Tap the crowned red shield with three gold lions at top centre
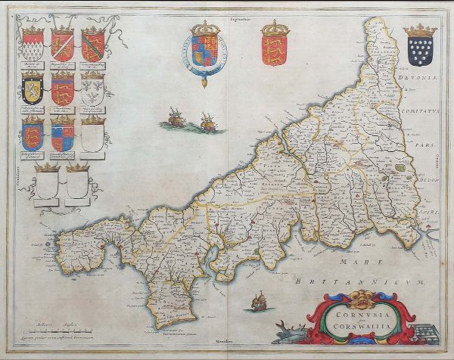coord(274,47)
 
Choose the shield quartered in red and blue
coord(63,135)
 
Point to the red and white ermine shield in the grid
coord(33,48)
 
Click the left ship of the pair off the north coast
coord(175,116)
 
